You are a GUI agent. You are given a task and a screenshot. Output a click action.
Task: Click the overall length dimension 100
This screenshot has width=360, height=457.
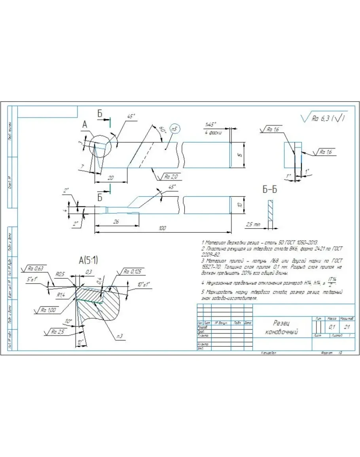(162, 228)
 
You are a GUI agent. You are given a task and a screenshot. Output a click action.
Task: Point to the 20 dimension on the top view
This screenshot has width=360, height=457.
(111, 178)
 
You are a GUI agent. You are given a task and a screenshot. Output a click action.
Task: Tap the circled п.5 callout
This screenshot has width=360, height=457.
(174, 129)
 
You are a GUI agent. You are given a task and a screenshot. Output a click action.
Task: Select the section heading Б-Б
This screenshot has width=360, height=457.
(269, 190)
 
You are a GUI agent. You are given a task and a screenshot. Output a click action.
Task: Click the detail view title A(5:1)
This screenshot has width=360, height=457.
(89, 260)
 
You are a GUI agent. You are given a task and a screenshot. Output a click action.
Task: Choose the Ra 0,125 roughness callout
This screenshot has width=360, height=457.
(132, 271)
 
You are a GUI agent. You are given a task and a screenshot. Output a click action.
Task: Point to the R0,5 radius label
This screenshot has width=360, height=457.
(60, 273)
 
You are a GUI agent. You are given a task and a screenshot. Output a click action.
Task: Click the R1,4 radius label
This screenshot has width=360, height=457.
(60, 295)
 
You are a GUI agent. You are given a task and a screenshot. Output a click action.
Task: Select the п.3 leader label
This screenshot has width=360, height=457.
(119, 336)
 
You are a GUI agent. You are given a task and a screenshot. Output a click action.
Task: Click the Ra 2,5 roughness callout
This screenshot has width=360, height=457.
(57, 332)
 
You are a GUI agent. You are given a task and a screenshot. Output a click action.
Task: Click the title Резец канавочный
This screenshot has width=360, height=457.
(282, 328)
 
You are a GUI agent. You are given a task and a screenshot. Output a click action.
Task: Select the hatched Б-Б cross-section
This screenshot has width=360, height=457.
(270, 214)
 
